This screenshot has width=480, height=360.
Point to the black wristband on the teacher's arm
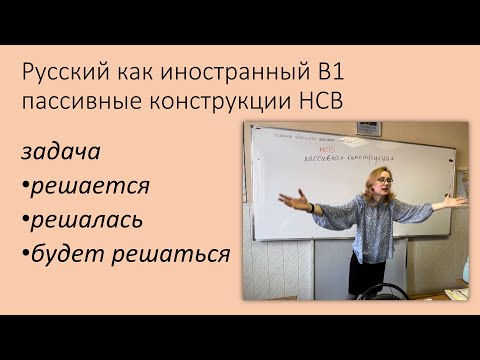click(311, 208)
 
